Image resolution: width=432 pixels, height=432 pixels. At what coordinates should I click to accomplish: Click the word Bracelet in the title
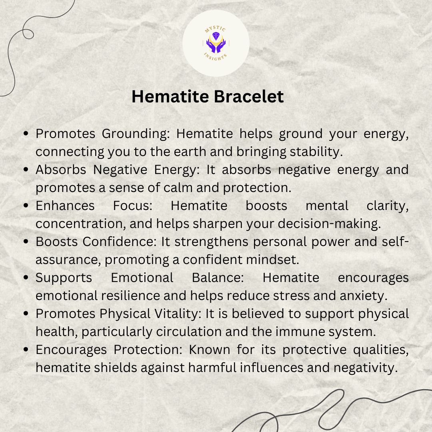pyautogui.click(x=248, y=96)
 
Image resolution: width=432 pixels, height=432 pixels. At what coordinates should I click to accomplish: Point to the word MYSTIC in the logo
pyautogui.click(x=215, y=29)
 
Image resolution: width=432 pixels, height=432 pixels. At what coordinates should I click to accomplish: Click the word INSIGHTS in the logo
pyautogui.click(x=216, y=57)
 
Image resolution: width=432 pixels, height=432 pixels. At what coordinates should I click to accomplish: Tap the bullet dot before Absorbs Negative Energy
pyautogui.click(x=26, y=170)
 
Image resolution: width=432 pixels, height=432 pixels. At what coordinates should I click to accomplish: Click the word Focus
pyautogui.click(x=133, y=206)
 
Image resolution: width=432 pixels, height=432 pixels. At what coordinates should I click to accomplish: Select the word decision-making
pyautogui.click(x=329, y=224)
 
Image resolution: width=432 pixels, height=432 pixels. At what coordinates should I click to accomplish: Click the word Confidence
pyautogui.click(x=119, y=242)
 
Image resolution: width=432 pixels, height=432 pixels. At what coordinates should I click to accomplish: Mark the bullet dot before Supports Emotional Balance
pyautogui.click(x=26, y=278)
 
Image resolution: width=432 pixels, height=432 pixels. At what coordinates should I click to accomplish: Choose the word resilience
pyautogui.click(x=130, y=296)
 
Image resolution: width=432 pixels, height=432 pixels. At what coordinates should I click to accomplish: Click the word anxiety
pyautogui.click(x=363, y=296)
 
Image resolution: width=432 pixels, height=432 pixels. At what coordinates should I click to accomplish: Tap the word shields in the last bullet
pyautogui.click(x=115, y=368)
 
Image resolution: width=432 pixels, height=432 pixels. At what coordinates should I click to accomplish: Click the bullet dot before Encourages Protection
pyautogui.click(x=26, y=350)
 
